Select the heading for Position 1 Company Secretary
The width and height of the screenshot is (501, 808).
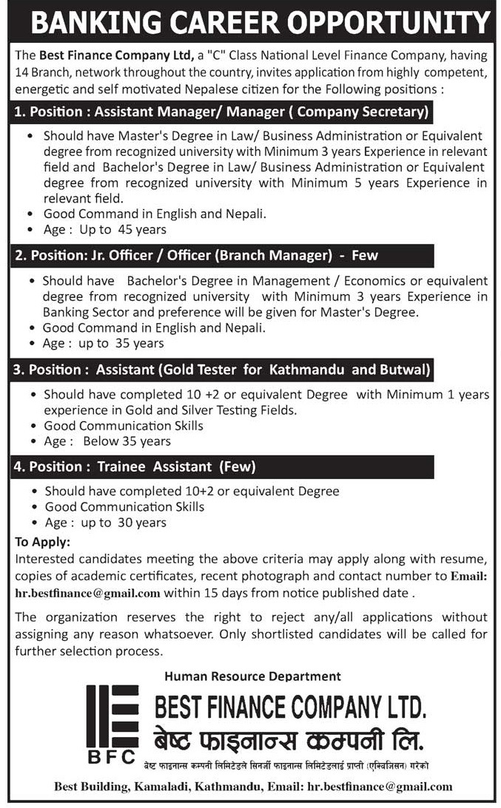click(221, 113)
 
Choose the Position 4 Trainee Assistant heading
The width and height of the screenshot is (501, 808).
click(135, 466)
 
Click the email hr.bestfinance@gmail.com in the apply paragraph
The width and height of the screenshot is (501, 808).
click(87, 592)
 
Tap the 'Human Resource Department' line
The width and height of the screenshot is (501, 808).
click(252, 676)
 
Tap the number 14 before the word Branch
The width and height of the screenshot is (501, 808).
click(22, 74)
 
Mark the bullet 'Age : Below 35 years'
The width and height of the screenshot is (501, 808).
click(107, 441)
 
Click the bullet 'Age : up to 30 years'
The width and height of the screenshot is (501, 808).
click(106, 523)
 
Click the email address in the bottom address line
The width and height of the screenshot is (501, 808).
click(380, 787)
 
